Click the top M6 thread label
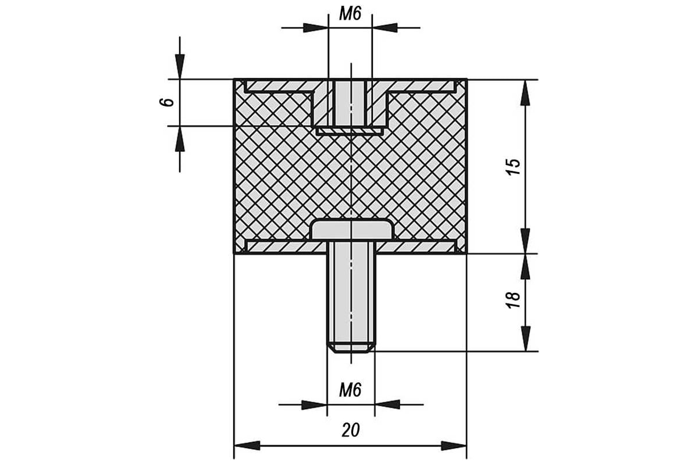click(350, 15)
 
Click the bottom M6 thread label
click(350, 390)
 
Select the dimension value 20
click(351, 430)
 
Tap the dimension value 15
click(514, 167)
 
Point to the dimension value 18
click(514, 300)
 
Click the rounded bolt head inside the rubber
click(351, 230)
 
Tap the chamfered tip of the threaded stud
click(351, 348)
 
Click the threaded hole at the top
click(350, 103)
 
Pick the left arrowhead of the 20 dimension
click(247, 445)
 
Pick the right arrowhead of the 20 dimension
click(454, 445)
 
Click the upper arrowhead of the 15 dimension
click(526, 93)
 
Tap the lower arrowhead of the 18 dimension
click(526, 338)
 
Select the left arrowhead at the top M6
click(316, 28)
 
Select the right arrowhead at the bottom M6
click(387, 405)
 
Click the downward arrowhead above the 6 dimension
click(180, 67)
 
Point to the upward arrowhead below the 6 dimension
click(180, 138)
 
